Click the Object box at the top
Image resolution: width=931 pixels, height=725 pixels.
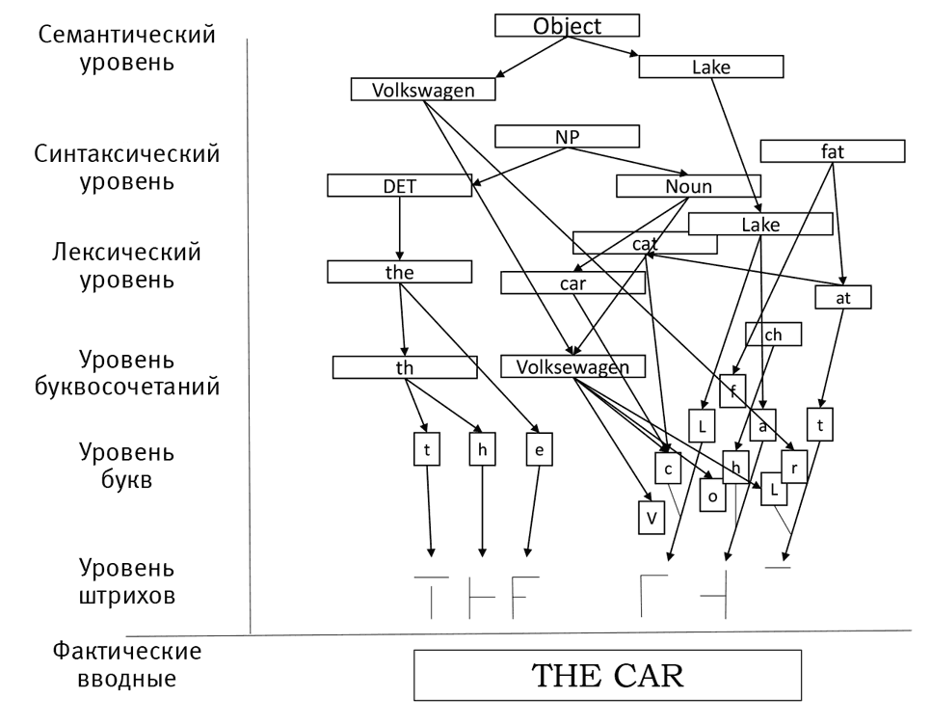click(x=567, y=25)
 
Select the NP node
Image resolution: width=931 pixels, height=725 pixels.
click(x=567, y=137)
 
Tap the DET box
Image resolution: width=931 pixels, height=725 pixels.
click(x=399, y=186)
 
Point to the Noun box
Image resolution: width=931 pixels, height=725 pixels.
click(x=688, y=186)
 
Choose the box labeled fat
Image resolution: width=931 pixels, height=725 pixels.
click(x=833, y=151)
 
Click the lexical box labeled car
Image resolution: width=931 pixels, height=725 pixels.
click(x=572, y=283)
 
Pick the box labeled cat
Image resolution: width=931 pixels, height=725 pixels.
click(x=644, y=243)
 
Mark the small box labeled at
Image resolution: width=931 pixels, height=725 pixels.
click(x=843, y=297)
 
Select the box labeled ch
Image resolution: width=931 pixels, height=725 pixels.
click(x=773, y=334)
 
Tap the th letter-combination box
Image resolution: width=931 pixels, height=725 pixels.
click(x=405, y=367)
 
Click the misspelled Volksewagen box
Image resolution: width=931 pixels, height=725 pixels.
click(x=572, y=366)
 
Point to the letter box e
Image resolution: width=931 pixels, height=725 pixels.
click(x=539, y=450)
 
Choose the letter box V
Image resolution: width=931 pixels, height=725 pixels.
click(x=652, y=518)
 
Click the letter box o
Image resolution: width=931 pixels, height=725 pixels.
click(x=712, y=496)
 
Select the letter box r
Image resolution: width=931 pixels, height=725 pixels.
click(x=793, y=466)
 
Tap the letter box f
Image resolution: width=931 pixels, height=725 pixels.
click(x=732, y=390)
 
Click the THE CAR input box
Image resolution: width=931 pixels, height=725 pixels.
click(x=607, y=675)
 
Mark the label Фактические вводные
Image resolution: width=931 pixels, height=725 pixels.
click(x=127, y=665)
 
